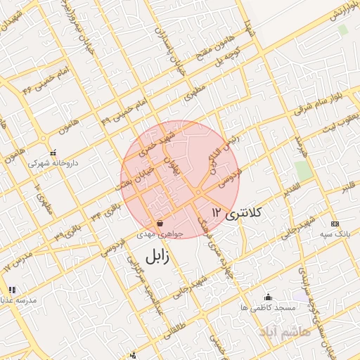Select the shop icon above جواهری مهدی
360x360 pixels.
160,224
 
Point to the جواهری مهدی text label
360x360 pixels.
160,236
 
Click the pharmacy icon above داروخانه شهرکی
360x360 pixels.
53,152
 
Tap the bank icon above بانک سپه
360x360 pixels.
334,223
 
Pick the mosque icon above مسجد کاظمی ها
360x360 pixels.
267,297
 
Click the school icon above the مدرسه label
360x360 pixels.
12,289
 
